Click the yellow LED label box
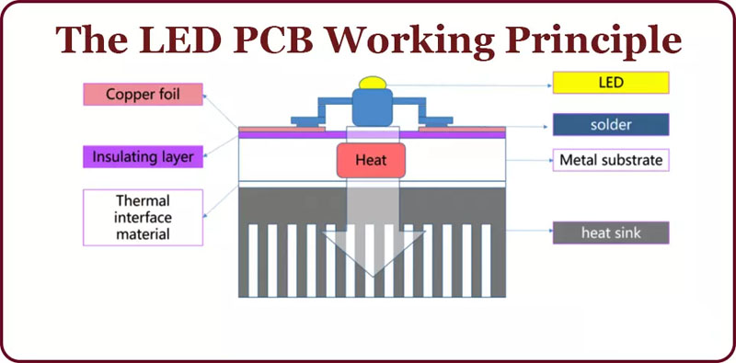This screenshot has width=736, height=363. [x=610, y=83]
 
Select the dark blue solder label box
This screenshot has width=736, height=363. [x=610, y=124]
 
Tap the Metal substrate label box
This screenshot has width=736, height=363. [x=610, y=160]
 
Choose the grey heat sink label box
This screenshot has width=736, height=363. [x=610, y=233]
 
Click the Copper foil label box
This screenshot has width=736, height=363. [x=142, y=94]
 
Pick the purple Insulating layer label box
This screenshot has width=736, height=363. [x=142, y=156]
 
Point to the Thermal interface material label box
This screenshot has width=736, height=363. [x=142, y=218]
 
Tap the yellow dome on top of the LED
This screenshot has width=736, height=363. [x=373, y=84]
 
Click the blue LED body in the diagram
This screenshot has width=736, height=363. [x=373, y=108]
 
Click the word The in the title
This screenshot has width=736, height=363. [x=93, y=40]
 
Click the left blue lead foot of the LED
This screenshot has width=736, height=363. [x=304, y=119]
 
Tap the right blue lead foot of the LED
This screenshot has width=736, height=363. [x=441, y=119]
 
